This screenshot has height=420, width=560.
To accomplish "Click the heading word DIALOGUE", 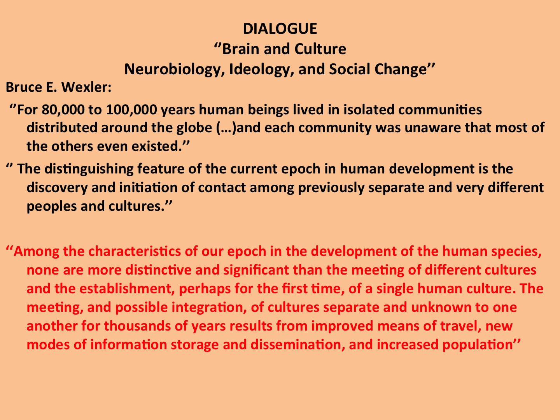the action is [x=280, y=28].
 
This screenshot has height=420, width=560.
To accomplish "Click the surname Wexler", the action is [x=86, y=87].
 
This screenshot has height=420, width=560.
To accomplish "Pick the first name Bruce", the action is [x=24, y=87].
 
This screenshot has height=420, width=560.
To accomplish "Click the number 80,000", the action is [x=63, y=110].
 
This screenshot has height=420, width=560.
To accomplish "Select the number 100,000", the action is [x=131, y=110].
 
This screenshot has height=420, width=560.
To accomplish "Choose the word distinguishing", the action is [x=89, y=169].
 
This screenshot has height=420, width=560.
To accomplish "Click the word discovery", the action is [x=57, y=188].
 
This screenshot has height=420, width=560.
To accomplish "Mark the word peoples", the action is [x=52, y=206].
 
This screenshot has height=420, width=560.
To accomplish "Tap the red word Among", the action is [x=36, y=252].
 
